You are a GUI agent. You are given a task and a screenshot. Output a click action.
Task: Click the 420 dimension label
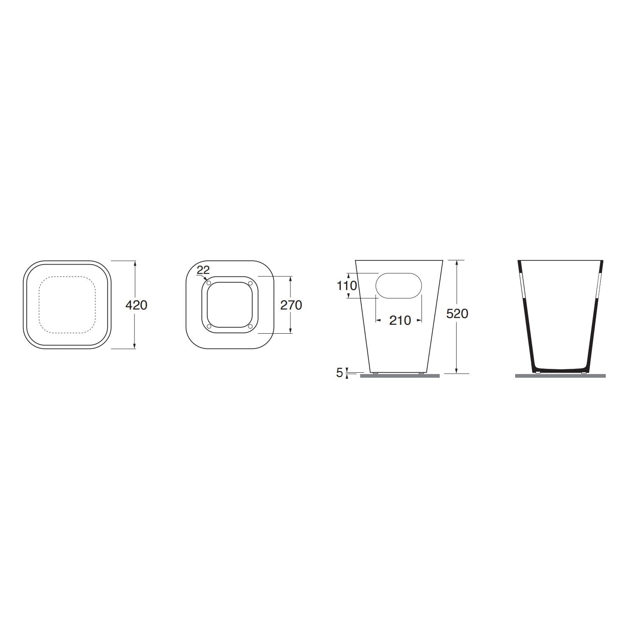click(x=136, y=305)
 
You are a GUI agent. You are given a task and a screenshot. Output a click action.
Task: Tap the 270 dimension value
click(x=291, y=305)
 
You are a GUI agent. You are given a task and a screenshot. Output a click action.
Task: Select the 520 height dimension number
click(x=457, y=314)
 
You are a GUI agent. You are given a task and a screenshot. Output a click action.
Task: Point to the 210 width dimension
click(x=400, y=321)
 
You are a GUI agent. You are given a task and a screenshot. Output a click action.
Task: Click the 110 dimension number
click(x=347, y=286)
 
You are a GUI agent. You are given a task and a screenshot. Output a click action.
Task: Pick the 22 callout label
click(x=203, y=270)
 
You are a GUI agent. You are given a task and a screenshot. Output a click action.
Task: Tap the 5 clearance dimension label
click(x=339, y=373)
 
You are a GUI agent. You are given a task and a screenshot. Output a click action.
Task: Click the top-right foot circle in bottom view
click(x=250, y=283)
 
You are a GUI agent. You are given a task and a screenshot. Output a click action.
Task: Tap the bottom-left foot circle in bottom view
click(x=209, y=326)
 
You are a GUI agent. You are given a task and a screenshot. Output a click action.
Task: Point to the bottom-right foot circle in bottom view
click(x=250, y=326)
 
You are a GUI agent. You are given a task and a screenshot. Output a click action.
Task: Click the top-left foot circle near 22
click(x=209, y=283)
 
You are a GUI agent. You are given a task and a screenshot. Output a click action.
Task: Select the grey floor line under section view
click(x=560, y=376)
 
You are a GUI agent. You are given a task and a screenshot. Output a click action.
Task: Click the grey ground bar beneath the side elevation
click(x=399, y=376)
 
